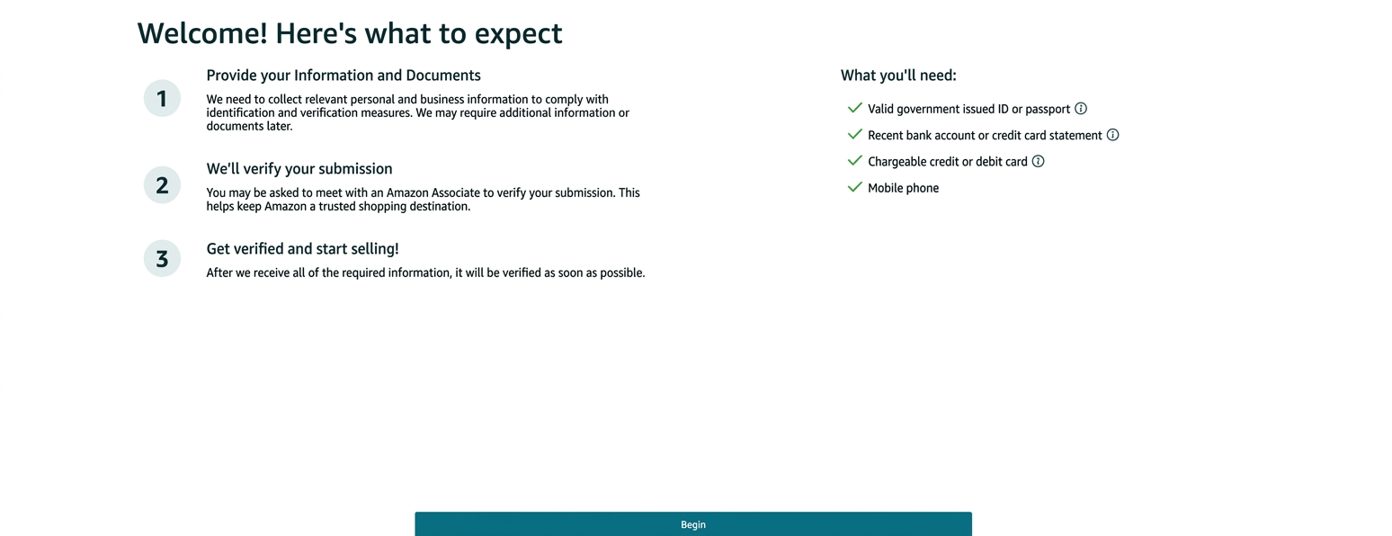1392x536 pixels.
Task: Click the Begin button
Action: click(x=692, y=524)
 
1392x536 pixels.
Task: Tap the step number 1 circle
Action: click(x=162, y=98)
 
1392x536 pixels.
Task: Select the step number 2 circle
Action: click(x=162, y=185)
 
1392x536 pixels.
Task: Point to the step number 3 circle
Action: click(x=162, y=259)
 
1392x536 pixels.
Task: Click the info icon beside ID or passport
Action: click(x=1081, y=109)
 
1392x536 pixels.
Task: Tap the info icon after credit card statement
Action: click(x=1112, y=135)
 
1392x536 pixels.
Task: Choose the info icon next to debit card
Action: click(x=1038, y=162)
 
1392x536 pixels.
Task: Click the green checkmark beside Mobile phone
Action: click(x=854, y=187)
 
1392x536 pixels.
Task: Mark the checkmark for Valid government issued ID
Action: click(x=854, y=108)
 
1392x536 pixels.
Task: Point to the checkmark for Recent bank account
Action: click(x=854, y=134)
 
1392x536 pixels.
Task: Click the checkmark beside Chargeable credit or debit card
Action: click(x=854, y=161)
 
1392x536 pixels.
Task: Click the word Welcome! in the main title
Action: click(x=202, y=33)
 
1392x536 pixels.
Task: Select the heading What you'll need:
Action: click(x=898, y=76)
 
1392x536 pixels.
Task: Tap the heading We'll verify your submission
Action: click(x=299, y=169)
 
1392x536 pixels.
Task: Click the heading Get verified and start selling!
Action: click(x=302, y=249)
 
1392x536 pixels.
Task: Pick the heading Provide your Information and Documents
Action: click(x=344, y=76)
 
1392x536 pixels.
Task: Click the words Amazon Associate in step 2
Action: click(x=427, y=192)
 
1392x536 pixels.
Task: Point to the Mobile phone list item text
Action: click(x=903, y=188)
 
